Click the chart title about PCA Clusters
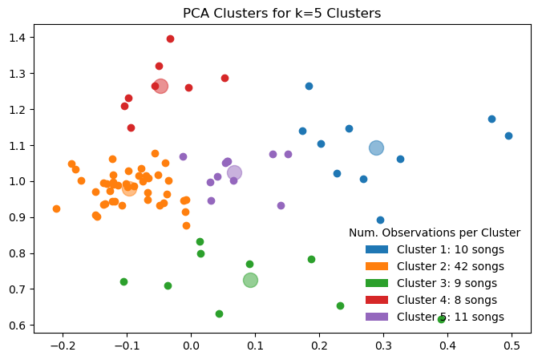(x=281, y=14)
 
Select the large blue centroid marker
(x=376, y=148)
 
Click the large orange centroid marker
(x=129, y=188)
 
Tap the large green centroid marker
(x=250, y=280)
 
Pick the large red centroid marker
(x=160, y=86)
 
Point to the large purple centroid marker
(x=234, y=172)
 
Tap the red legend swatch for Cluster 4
(x=377, y=300)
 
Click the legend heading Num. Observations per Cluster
(x=435, y=233)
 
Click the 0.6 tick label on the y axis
(x=18, y=326)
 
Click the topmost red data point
(x=170, y=38)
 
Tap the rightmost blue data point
(x=508, y=136)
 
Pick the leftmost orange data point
(x=56, y=208)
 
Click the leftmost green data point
(x=123, y=281)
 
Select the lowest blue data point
(x=380, y=220)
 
